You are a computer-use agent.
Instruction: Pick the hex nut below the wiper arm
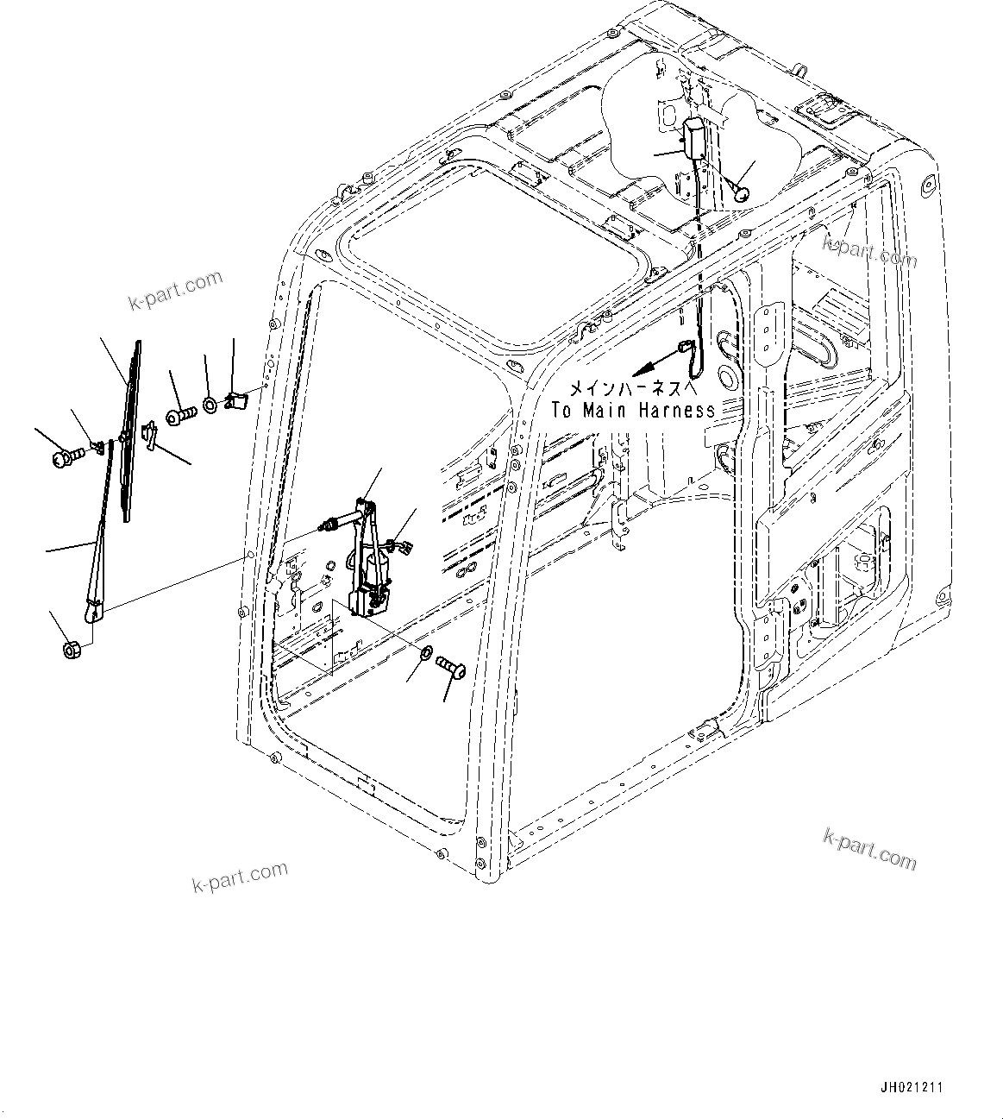[x=72, y=648]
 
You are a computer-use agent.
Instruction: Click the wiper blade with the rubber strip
[x=132, y=431]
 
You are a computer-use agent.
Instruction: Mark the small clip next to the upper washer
[x=235, y=399]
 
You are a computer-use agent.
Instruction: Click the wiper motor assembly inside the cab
[x=367, y=561]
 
